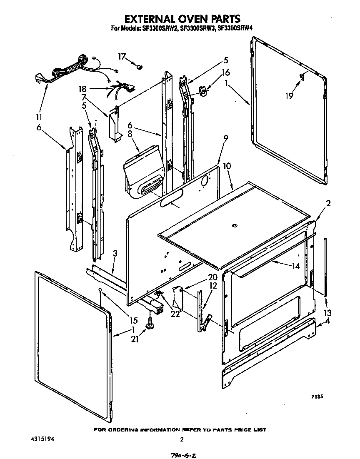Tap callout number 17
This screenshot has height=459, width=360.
[122, 57]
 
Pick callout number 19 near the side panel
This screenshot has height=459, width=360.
[289, 96]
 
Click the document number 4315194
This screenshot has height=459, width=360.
[42, 439]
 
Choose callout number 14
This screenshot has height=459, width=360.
[296, 266]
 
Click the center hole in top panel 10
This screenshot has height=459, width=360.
[234, 226]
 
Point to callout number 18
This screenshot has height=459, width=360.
[82, 89]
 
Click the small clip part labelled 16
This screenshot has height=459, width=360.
[203, 90]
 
